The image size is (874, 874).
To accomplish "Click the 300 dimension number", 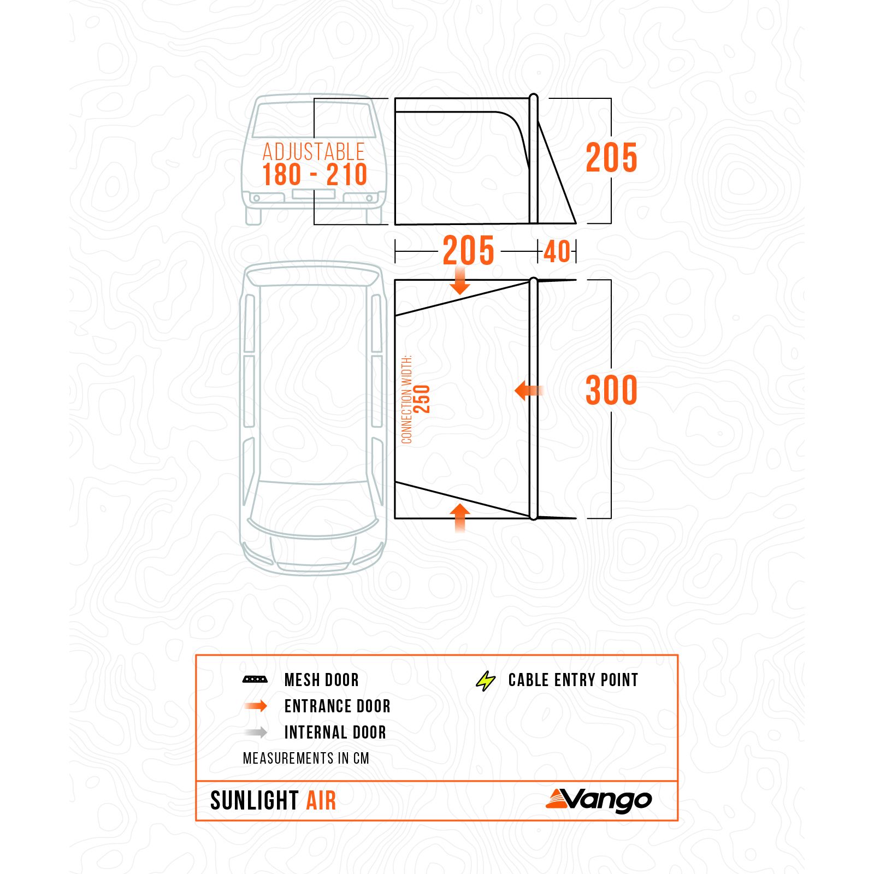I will tap(611, 390).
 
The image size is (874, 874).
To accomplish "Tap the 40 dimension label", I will tap(557, 252).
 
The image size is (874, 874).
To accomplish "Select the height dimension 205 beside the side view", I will tap(611, 158).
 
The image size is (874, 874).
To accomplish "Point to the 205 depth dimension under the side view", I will tap(468, 251).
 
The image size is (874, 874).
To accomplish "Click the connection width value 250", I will tap(422, 399).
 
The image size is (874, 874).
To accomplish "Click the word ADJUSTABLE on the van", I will tap(314, 152).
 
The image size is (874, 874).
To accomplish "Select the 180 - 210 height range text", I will tap(315, 175).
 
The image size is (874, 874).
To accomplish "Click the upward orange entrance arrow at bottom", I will tap(460, 517).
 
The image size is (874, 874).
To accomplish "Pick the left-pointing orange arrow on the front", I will tap(528, 390).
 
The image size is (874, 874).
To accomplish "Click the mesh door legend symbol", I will tap(255, 680).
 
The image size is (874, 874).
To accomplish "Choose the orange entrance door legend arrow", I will tap(256, 706).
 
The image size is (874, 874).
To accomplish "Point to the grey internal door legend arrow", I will tap(256, 732).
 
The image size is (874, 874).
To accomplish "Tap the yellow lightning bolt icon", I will tap(485, 681).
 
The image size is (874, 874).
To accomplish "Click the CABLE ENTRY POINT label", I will tap(573, 680).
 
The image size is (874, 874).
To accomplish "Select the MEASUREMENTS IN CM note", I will tap(306, 758).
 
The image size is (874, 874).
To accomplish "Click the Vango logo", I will tap(599, 800).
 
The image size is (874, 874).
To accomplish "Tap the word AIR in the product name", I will tap(321, 801).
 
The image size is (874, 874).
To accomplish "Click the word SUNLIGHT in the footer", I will tap(255, 801).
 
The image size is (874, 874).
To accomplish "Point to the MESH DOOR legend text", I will tap(321, 680).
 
